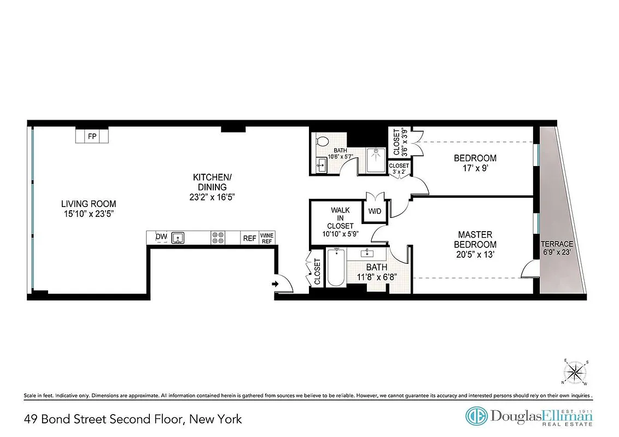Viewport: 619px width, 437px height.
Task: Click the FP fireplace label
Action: coord(92,136)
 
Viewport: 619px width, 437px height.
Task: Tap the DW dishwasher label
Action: coord(161,237)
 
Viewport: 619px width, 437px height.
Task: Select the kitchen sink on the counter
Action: coord(178,238)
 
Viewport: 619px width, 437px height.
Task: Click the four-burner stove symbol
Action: coord(218,238)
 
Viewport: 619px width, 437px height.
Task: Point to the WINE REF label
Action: coord(267,238)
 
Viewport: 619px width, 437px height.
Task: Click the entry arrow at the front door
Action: coord(275,284)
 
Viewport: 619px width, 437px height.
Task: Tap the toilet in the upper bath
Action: coord(322,141)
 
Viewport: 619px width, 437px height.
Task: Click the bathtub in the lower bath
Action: coord(335,268)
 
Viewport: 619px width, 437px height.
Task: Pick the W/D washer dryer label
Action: coord(375,211)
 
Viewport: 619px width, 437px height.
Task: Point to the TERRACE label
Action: coord(557,244)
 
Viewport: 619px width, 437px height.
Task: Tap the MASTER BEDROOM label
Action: coord(477,239)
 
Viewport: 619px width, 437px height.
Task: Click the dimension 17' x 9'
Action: coord(475,168)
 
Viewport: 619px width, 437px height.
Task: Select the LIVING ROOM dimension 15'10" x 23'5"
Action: coord(89,214)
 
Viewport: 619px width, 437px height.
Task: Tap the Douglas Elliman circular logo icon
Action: coord(476,416)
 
